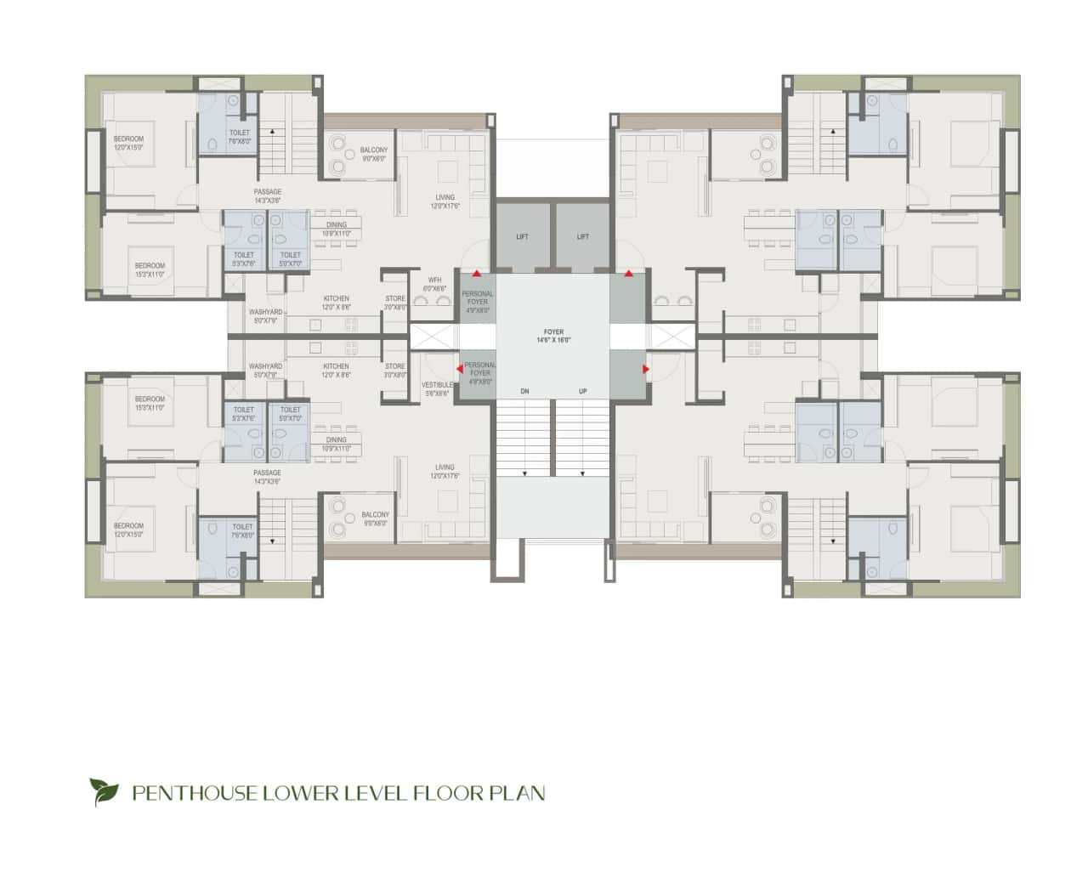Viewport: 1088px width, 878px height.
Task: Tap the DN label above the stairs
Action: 525,391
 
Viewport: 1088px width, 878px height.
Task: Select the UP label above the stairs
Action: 582,391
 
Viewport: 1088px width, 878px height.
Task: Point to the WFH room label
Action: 434,280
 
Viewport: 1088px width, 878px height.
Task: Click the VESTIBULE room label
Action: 438,385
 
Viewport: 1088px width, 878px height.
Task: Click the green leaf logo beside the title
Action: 105,792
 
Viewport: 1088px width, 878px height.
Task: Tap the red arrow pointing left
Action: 460,369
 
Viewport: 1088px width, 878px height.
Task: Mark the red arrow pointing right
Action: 645,369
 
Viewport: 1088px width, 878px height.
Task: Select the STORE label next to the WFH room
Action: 395,299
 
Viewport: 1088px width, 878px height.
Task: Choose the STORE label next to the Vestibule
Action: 395,366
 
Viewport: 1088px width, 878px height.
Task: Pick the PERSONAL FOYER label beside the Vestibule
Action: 480,369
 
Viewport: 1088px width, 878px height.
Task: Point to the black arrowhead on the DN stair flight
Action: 525,473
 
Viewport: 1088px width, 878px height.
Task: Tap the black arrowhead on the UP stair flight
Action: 582,473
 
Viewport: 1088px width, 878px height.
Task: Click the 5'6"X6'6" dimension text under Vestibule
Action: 438,394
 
